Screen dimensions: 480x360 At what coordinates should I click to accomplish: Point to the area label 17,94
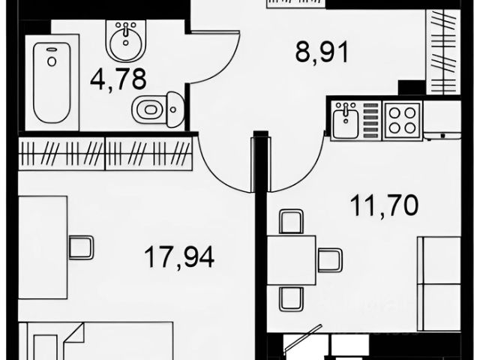(179, 258)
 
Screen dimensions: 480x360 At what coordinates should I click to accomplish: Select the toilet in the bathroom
(155, 109)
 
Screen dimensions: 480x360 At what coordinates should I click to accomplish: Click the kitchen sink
(346, 120)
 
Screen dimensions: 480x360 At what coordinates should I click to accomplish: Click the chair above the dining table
(291, 221)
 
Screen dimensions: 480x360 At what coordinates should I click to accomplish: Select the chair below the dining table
(291, 298)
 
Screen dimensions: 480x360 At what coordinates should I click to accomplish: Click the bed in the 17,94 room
(97, 341)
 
